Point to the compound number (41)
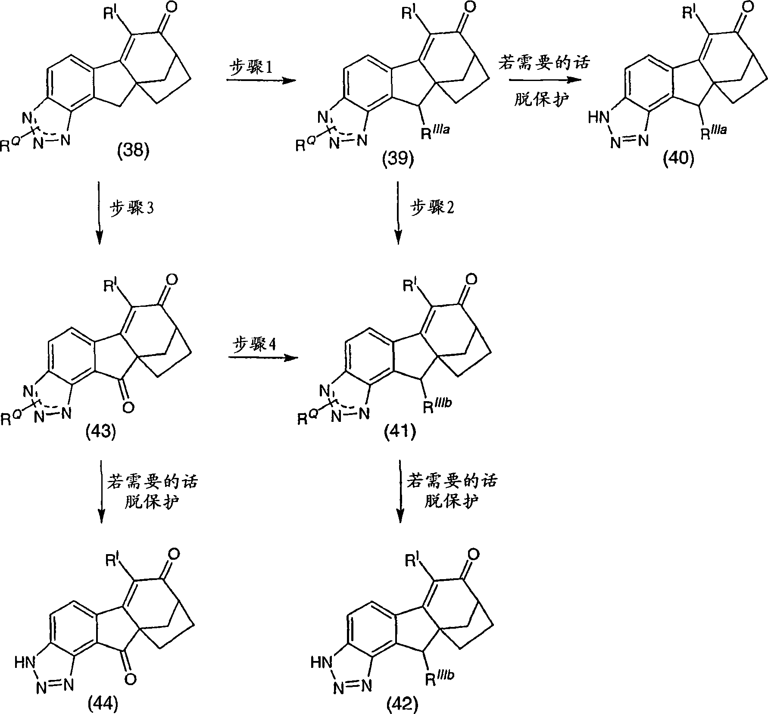pyautogui.click(x=400, y=431)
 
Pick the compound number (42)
pyautogui.click(x=402, y=704)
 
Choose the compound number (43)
pyautogui.click(x=100, y=431)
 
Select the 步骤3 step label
pyautogui.click(x=133, y=209)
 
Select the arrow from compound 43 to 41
pyautogui.click(x=263, y=357)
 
